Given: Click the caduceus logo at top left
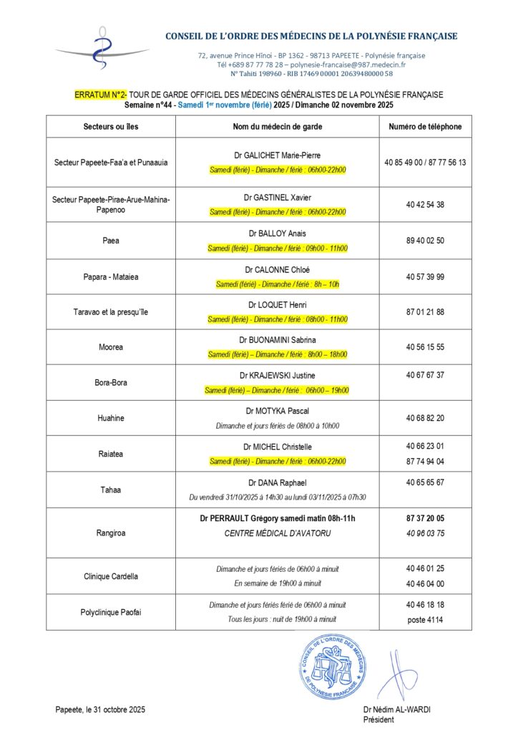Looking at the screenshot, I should click(x=102, y=49).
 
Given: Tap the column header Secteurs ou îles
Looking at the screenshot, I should click(x=111, y=127).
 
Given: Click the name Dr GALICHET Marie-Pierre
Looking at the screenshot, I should click(x=278, y=155).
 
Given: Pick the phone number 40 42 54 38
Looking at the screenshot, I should click(x=425, y=205).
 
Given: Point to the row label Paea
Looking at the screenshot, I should click(x=111, y=241).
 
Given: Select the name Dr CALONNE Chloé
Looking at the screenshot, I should click(x=278, y=269).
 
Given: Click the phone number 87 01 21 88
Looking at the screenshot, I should click(x=425, y=311).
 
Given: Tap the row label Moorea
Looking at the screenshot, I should click(x=111, y=347).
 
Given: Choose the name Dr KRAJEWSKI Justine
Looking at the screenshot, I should click(x=278, y=375).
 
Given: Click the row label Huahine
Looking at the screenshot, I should click(x=111, y=418).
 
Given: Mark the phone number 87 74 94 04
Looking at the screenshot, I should click(x=425, y=462).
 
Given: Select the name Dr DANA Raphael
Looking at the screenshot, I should click(x=278, y=482).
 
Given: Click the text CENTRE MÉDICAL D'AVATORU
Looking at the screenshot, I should click(x=278, y=533).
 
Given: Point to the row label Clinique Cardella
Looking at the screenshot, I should click(x=111, y=576).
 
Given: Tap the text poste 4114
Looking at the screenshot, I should click(x=425, y=619).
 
